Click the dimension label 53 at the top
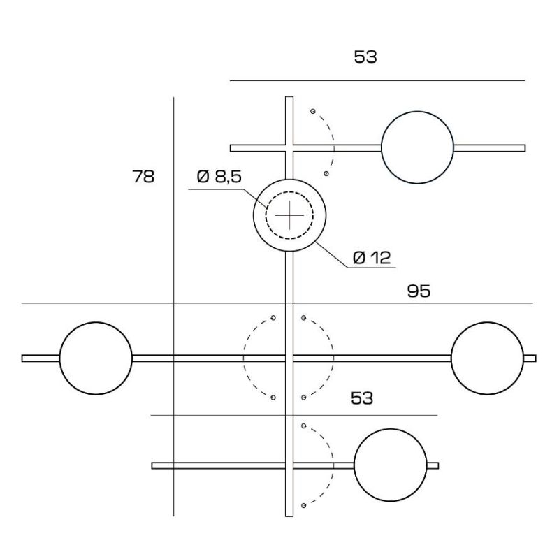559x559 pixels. tap(365, 57)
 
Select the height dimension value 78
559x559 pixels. tap(143, 177)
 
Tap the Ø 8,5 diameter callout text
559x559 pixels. tap(219, 177)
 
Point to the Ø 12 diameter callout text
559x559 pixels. tap(371, 258)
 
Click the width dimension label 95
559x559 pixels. tap(419, 291)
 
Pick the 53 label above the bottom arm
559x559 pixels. tap(361, 398)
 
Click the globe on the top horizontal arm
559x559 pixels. tap(417, 147)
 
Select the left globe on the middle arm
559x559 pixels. tap(96, 358)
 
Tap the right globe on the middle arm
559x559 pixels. tap(486, 358)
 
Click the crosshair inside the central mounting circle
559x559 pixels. tap(289, 216)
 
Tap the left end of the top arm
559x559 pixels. tap(233, 147)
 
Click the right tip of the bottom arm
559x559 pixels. tap(436, 465)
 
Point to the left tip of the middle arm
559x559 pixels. tap(24, 358)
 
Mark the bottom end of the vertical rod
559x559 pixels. tap(289, 514)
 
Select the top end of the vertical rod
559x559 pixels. tap(289, 99)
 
